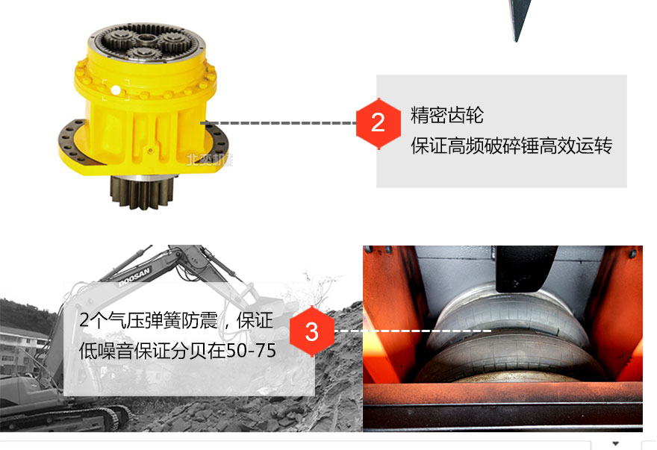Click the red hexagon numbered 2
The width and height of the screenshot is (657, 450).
378,123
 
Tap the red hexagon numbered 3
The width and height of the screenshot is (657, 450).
312,331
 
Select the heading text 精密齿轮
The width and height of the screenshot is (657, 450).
447,115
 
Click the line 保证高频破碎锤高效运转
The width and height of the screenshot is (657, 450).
511,146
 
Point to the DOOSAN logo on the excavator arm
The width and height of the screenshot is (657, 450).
134,278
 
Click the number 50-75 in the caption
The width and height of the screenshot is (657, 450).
251,351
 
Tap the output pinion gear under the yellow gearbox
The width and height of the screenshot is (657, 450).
142,192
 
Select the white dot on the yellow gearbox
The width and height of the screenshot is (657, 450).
116,90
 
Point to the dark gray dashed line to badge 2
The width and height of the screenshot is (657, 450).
278,123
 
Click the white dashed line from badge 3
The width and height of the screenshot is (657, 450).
413,331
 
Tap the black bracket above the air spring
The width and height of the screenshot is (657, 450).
525,269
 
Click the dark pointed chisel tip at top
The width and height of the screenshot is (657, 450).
519,19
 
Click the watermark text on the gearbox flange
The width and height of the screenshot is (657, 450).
210,160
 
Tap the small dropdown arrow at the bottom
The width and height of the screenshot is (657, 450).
615,443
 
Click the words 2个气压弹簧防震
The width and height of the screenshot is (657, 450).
149,321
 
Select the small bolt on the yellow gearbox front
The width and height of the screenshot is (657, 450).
150,151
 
